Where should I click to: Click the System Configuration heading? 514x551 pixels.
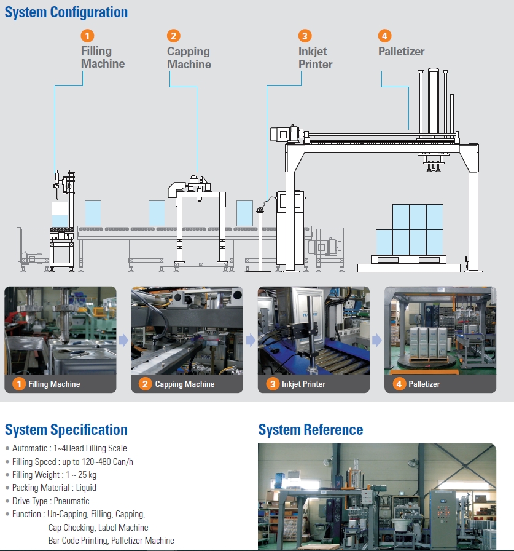66,12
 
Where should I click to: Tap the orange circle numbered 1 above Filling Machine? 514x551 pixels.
88,36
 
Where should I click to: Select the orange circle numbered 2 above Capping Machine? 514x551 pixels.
174,36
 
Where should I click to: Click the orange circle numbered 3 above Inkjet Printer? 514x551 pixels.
305,36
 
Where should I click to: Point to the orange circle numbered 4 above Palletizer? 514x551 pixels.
385,36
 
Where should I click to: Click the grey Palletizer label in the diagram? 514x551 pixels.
401,52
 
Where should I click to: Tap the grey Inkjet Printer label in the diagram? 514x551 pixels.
315,58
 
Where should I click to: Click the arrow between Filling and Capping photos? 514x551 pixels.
123,340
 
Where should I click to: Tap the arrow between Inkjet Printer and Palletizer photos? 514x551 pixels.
376,340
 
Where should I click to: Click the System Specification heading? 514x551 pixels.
66,430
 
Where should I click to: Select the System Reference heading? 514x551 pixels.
310,430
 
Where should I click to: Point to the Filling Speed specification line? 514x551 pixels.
72,461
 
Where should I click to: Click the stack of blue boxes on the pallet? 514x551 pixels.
409,229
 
